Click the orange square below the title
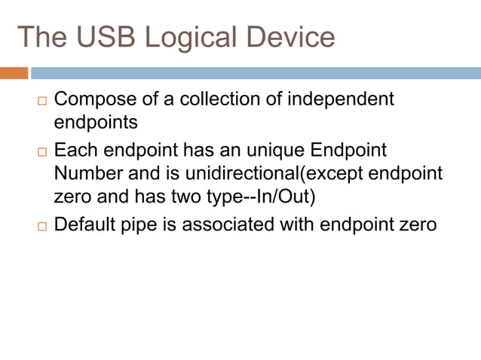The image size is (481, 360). coord(14,73)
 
